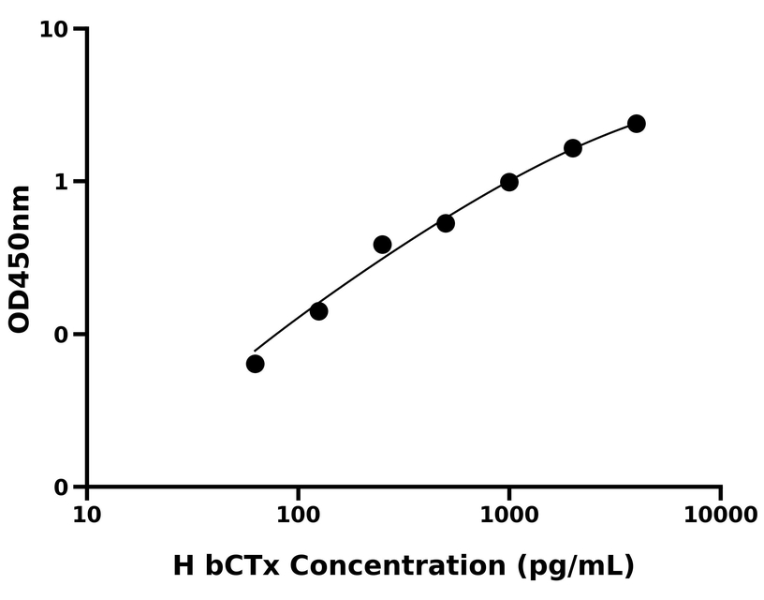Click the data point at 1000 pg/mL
pyautogui.click(x=509, y=182)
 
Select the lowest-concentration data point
pyautogui.click(x=255, y=364)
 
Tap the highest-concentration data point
pyautogui.click(x=637, y=124)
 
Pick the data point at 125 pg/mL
pyautogui.click(x=318, y=311)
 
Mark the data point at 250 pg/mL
pyautogui.click(x=382, y=245)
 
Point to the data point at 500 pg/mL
pyautogui.click(x=446, y=223)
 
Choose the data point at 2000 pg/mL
pyautogui.click(x=573, y=148)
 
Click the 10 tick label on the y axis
pyautogui.click(x=54, y=30)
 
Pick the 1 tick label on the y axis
pyautogui.click(x=63, y=182)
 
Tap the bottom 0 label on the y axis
pyautogui.click(x=63, y=487)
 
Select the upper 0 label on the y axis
pyautogui.click(x=63, y=335)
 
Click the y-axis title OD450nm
pyautogui.click(x=20, y=259)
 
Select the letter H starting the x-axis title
pyautogui.click(x=183, y=566)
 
